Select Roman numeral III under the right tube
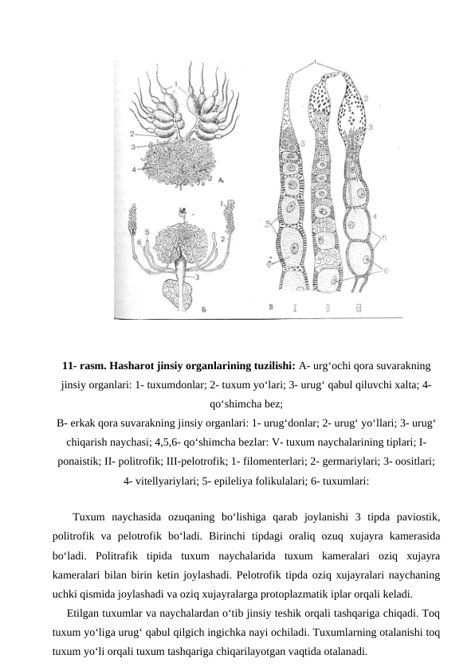pos(359,306)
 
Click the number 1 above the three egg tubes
pos(316,62)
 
